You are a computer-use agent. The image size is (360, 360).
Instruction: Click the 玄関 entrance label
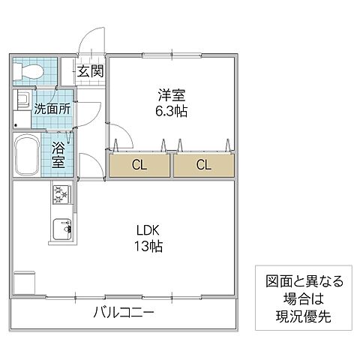[89, 73]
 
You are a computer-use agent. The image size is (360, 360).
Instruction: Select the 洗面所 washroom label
[52, 108]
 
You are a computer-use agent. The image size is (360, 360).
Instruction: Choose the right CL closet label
[202, 165]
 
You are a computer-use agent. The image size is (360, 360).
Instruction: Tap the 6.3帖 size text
[172, 111]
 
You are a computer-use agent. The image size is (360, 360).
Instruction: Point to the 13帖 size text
[150, 246]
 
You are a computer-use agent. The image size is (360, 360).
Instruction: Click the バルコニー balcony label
[124, 312]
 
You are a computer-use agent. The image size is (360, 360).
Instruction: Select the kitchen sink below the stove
[60, 227]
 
